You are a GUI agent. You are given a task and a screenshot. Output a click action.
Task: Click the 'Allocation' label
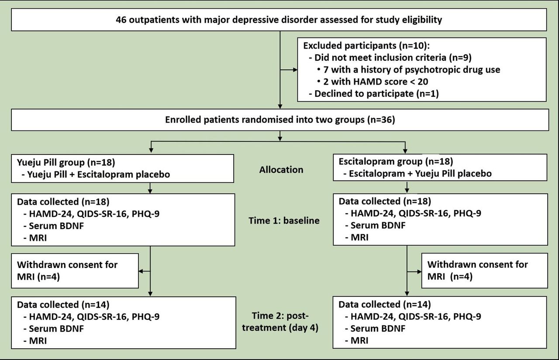281,169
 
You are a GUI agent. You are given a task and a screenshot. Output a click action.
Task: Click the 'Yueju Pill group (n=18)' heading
66,163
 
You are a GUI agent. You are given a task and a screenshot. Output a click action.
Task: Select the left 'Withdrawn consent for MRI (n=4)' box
75,271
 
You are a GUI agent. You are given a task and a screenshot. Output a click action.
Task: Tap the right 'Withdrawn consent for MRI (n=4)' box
484,271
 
